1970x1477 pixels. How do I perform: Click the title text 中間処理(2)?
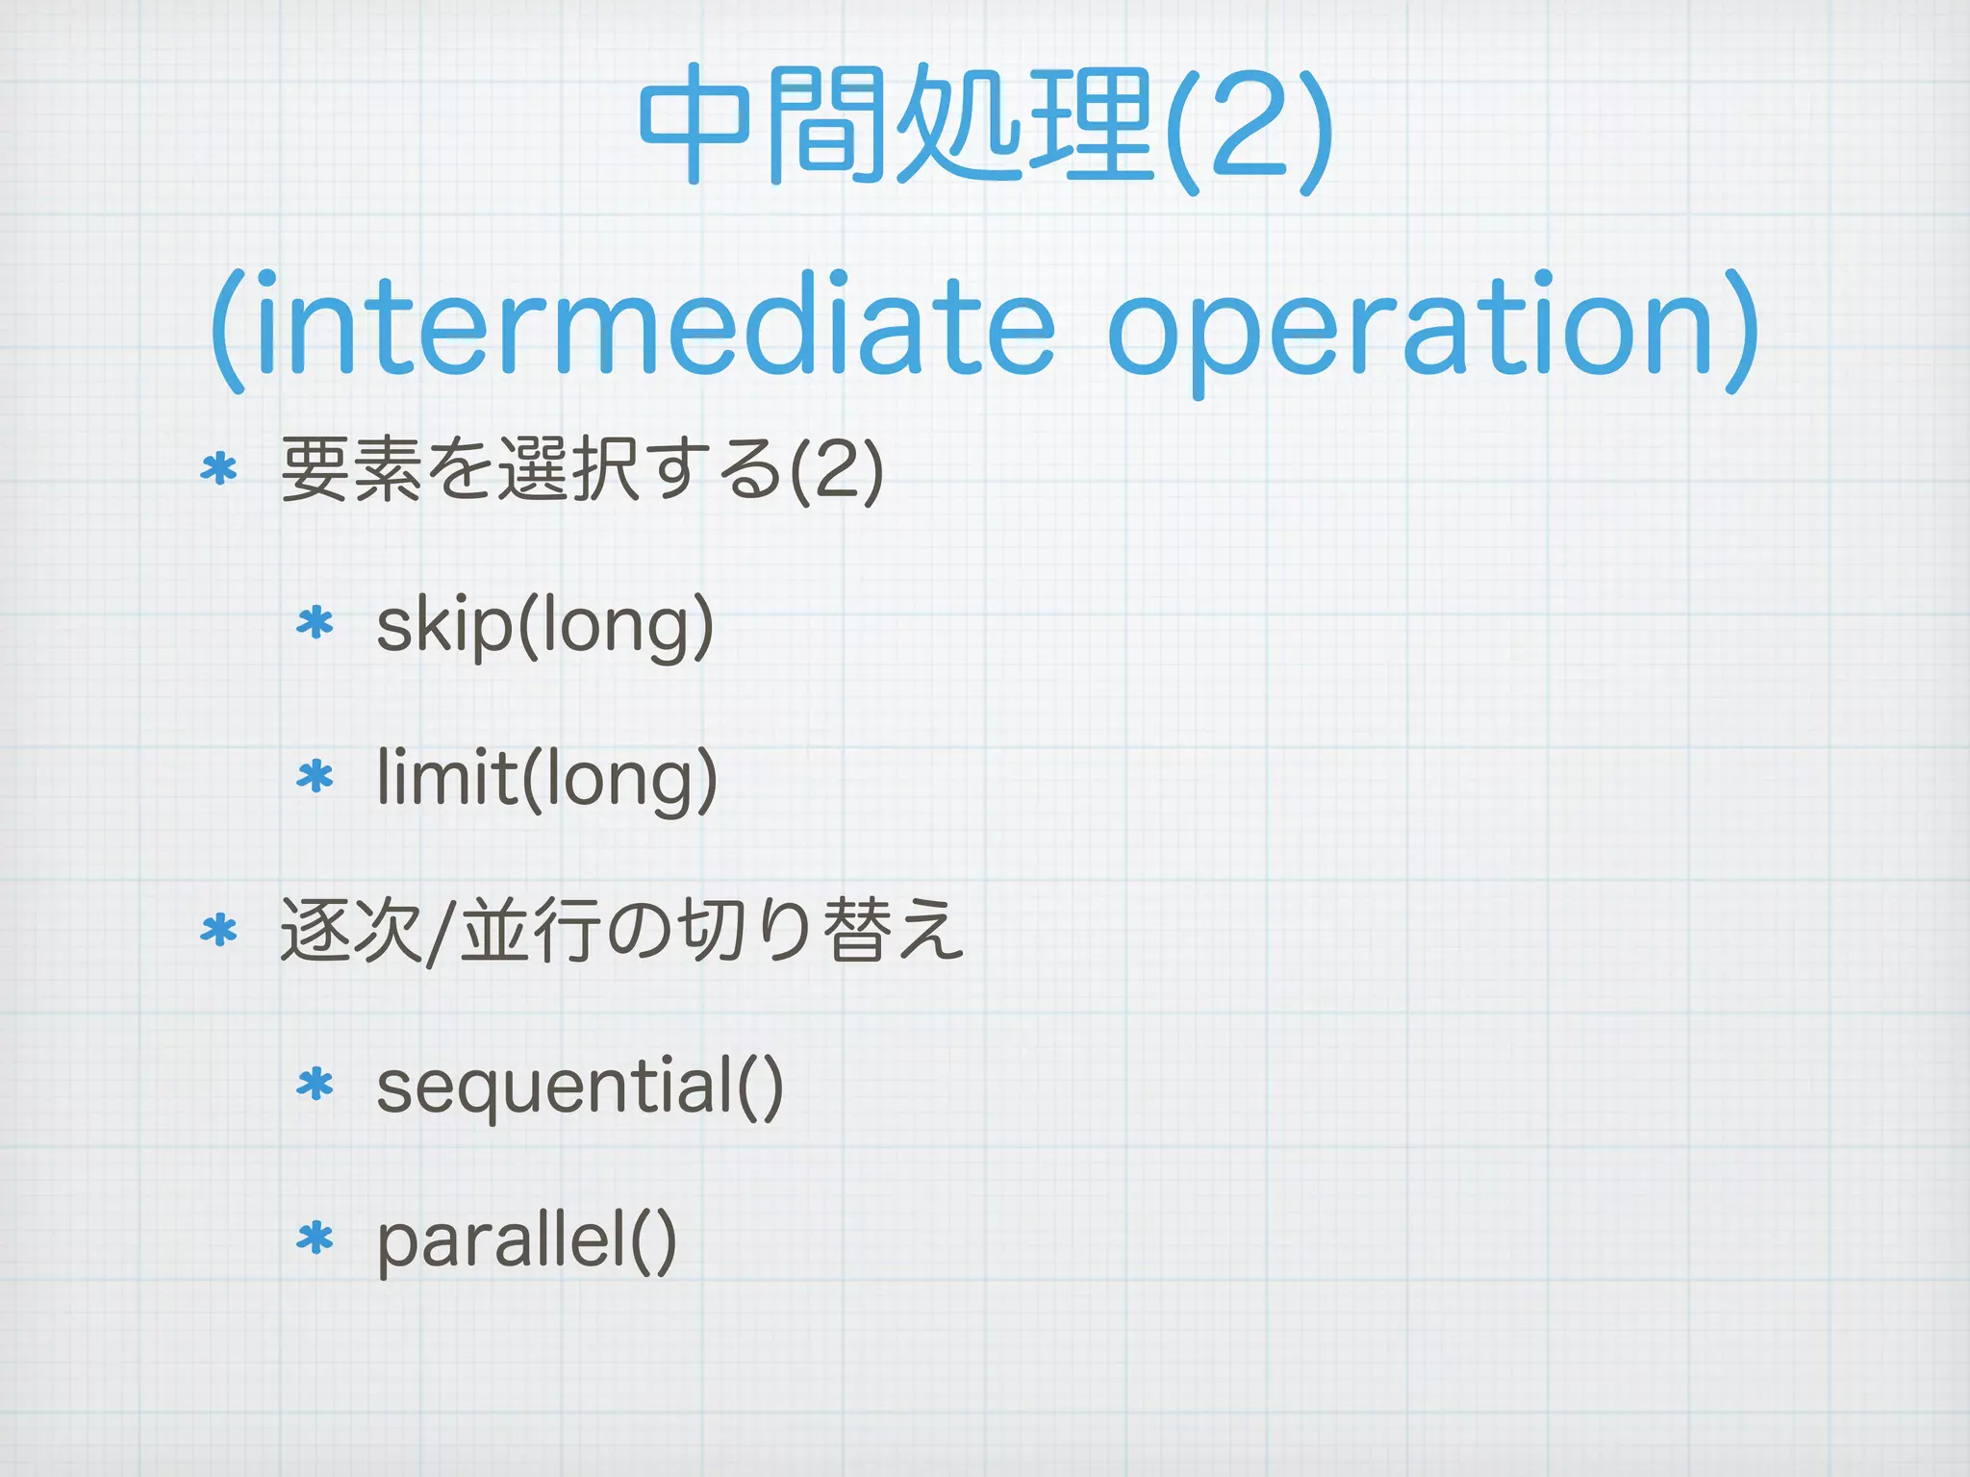click(985, 125)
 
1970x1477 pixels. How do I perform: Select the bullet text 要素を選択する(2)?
click(581, 469)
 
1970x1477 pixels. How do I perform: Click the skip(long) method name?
click(544, 625)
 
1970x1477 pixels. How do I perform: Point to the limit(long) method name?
click(546, 779)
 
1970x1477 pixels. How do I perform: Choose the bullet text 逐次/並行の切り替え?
click(621, 931)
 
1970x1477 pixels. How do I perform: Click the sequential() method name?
click(579, 1087)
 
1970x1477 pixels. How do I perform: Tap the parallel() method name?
click(526, 1240)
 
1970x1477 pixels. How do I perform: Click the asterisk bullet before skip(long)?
click(315, 623)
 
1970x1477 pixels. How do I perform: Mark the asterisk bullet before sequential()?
click(315, 1085)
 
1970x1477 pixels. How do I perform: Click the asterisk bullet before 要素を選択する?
click(218, 469)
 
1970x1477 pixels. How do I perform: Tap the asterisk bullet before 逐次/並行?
click(218, 930)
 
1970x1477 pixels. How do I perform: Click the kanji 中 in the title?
click(695, 125)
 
